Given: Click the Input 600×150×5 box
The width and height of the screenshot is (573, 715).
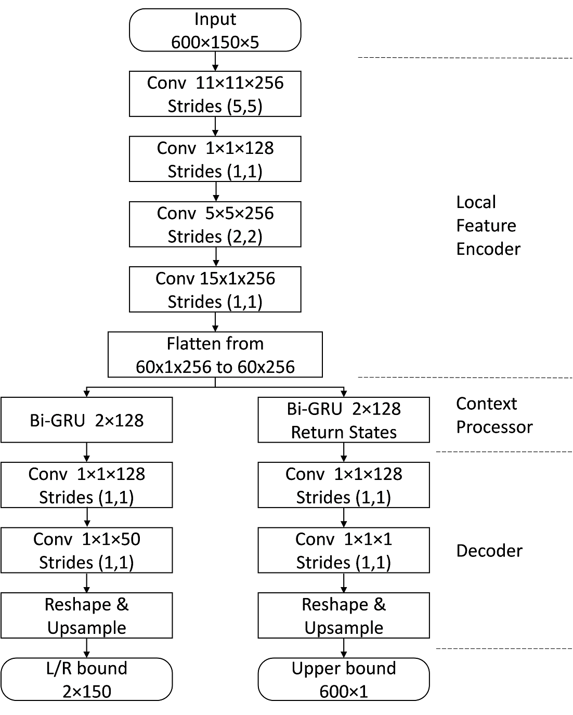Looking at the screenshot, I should [215, 30].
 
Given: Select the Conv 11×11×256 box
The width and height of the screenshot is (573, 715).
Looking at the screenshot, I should [215, 94].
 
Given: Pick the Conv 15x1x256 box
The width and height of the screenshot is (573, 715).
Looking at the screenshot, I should [215, 290].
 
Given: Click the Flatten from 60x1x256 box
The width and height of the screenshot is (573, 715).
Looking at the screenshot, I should [215, 355].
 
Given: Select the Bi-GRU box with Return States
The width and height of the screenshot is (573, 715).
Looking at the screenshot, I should [344, 420].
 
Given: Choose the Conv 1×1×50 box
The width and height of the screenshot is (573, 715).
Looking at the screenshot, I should [86, 550].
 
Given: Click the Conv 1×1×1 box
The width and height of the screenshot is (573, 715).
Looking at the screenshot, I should [344, 550].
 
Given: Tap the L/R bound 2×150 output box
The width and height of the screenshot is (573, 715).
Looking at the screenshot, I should [86, 680].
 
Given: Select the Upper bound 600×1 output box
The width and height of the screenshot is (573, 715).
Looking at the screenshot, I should [344, 680].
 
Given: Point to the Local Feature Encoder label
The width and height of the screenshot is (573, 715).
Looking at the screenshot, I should [488, 226].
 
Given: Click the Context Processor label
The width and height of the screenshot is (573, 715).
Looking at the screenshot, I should [494, 415].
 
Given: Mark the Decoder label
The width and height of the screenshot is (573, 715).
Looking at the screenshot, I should [489, 551].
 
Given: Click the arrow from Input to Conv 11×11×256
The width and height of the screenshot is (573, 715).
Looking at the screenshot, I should [215, 61].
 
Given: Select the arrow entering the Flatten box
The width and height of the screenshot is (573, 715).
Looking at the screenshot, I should [215, 322].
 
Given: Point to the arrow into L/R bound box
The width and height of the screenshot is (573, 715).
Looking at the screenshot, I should [86, 648].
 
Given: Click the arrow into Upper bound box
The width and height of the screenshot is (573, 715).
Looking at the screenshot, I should [344, 648].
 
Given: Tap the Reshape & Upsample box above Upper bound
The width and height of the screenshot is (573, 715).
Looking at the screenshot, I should [344, 616].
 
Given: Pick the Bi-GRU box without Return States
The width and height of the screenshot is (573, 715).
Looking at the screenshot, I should [86, 420].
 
